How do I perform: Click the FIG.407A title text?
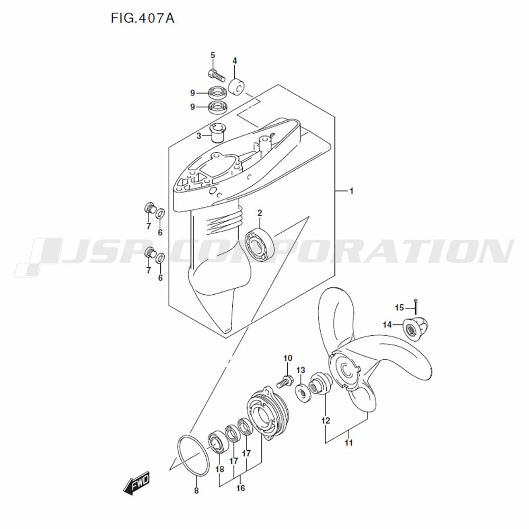click(142, 18)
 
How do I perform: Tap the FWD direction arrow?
click(136, 483)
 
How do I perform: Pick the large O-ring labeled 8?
click(193, 456)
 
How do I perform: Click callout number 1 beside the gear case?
click(351, 191)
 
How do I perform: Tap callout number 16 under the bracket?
click(241, 488)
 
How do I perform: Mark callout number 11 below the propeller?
click(349, 442)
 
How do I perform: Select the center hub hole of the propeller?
click(346, 370)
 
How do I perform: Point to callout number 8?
click(196, 490)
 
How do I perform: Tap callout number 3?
click(199, 136)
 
